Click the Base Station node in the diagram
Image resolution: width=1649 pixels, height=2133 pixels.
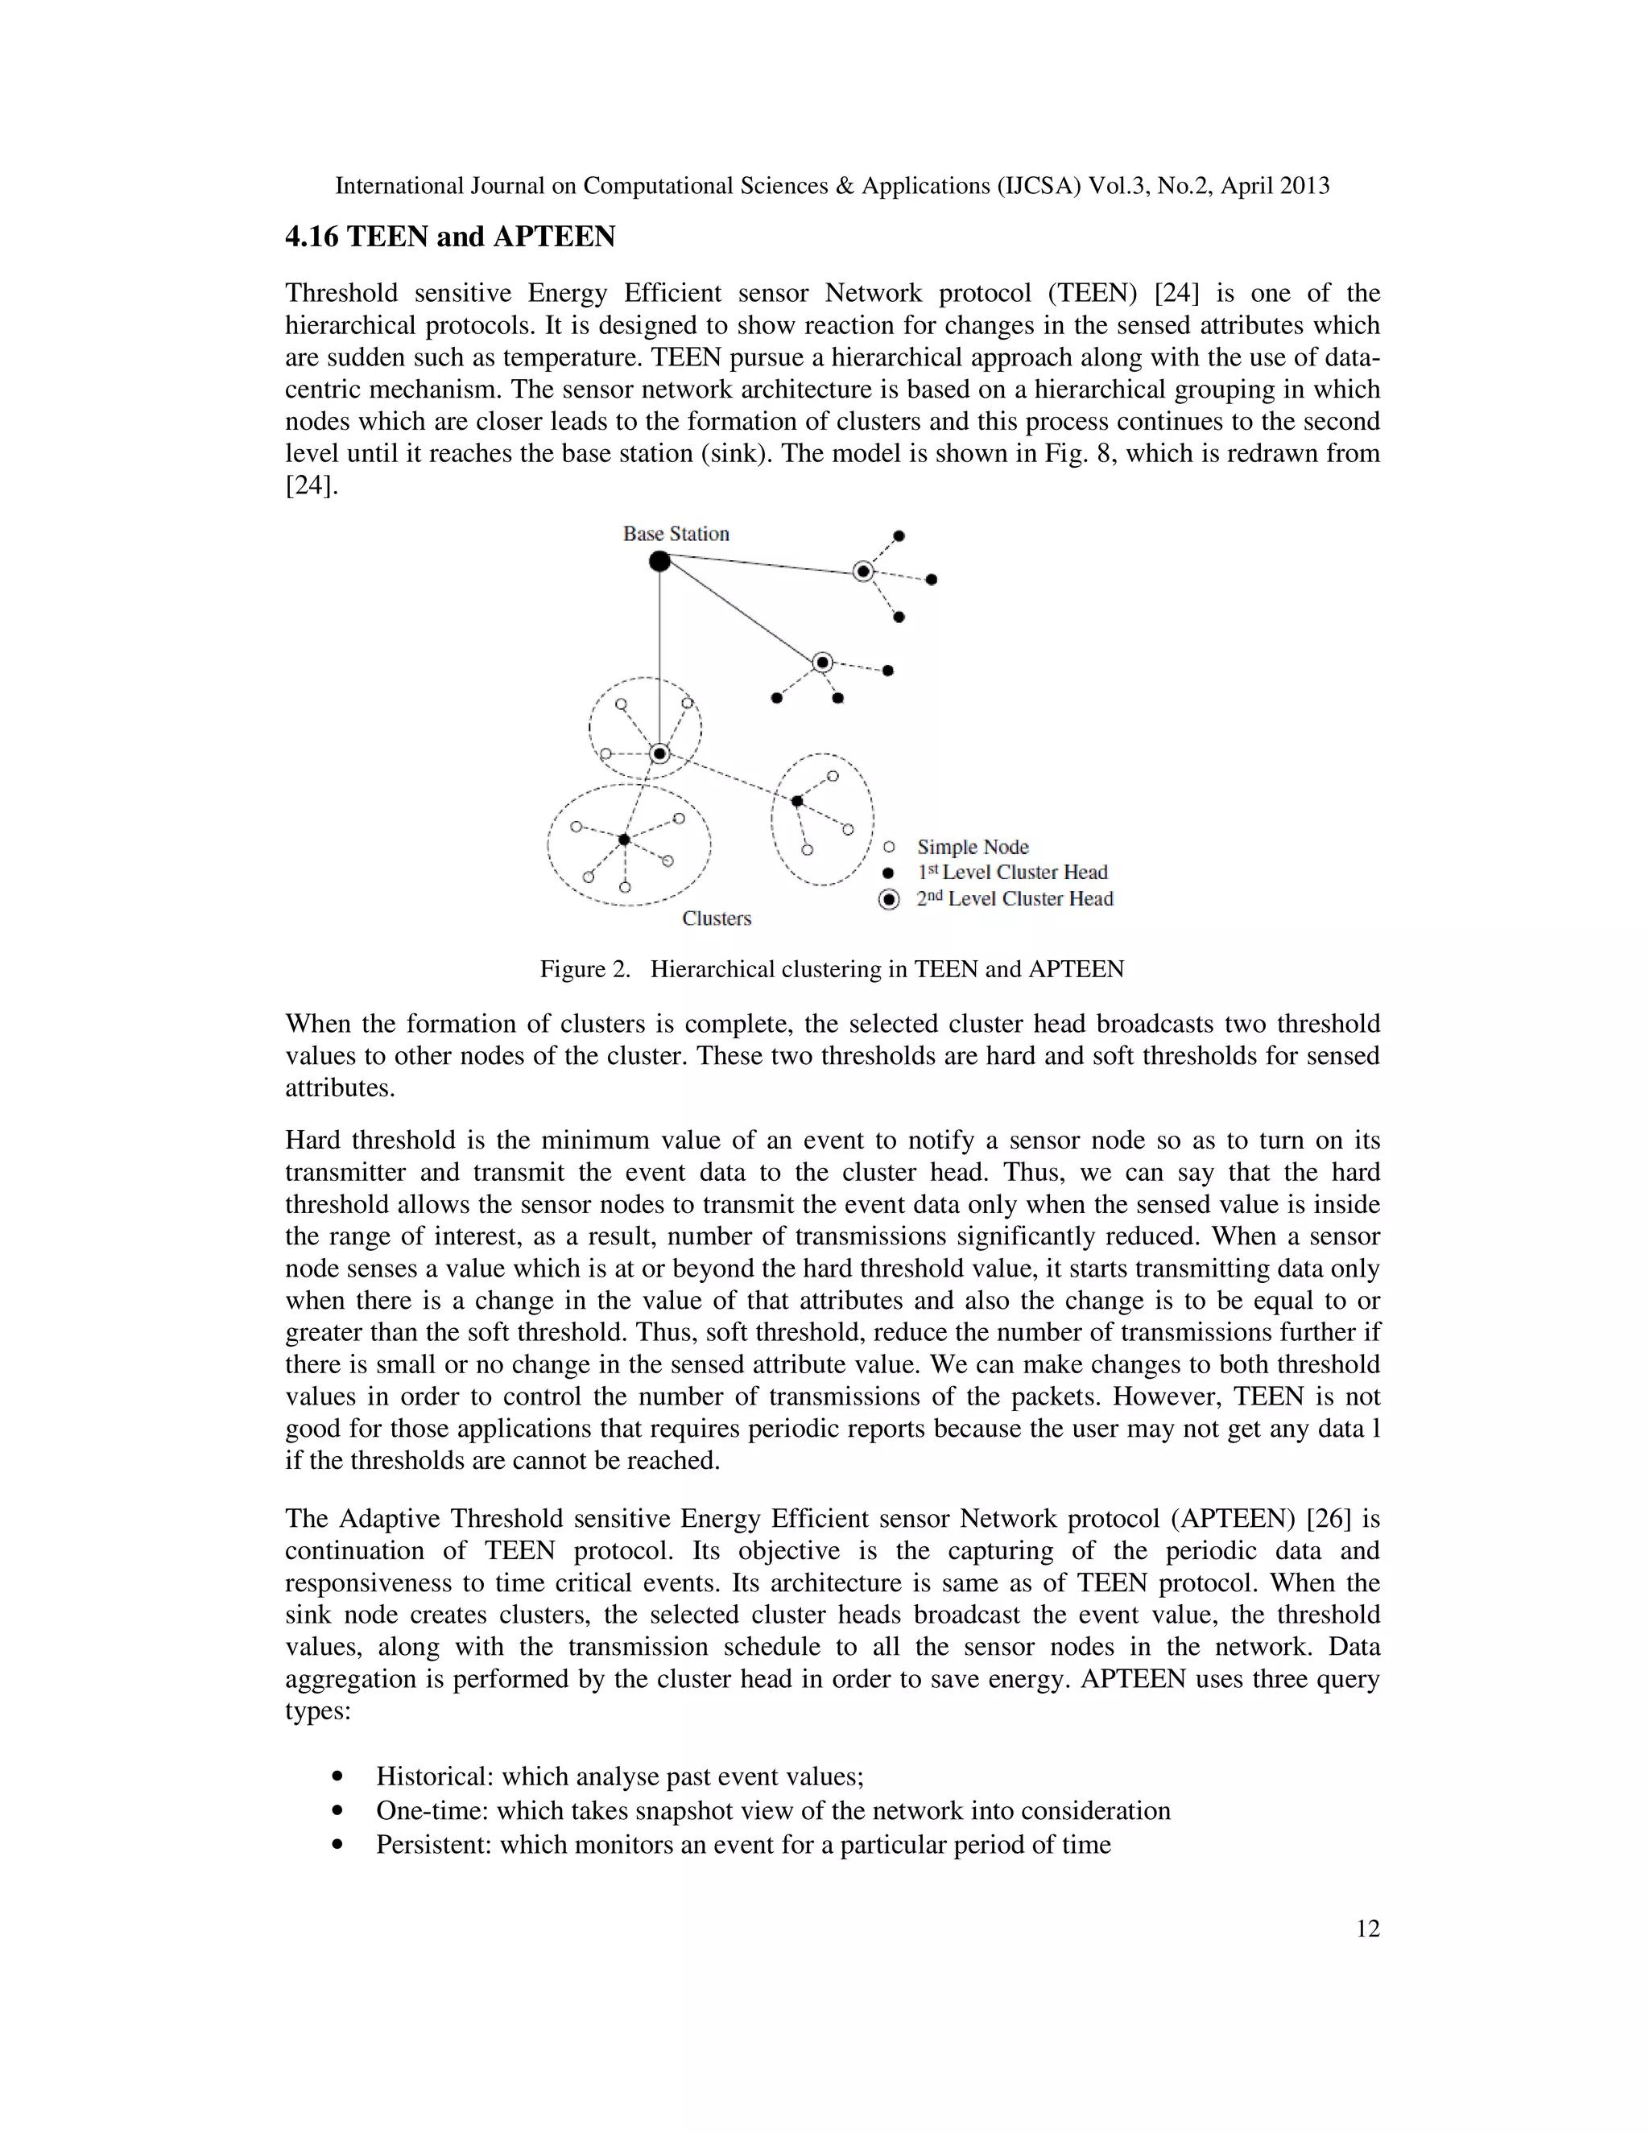coord(659,560)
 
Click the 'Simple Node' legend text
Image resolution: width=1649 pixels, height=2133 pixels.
coord(972,847)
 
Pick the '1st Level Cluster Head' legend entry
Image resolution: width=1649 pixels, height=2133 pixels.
coord(1011,873)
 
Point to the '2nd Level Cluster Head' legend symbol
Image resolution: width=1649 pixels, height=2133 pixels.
coord(889,900)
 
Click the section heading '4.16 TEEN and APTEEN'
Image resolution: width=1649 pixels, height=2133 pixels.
coord(449,237)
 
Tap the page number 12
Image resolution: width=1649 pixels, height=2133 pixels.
coord(1368,1928)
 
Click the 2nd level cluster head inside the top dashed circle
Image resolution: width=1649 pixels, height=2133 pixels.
coord(659,753)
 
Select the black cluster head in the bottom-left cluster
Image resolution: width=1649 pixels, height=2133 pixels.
coord(624,839)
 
